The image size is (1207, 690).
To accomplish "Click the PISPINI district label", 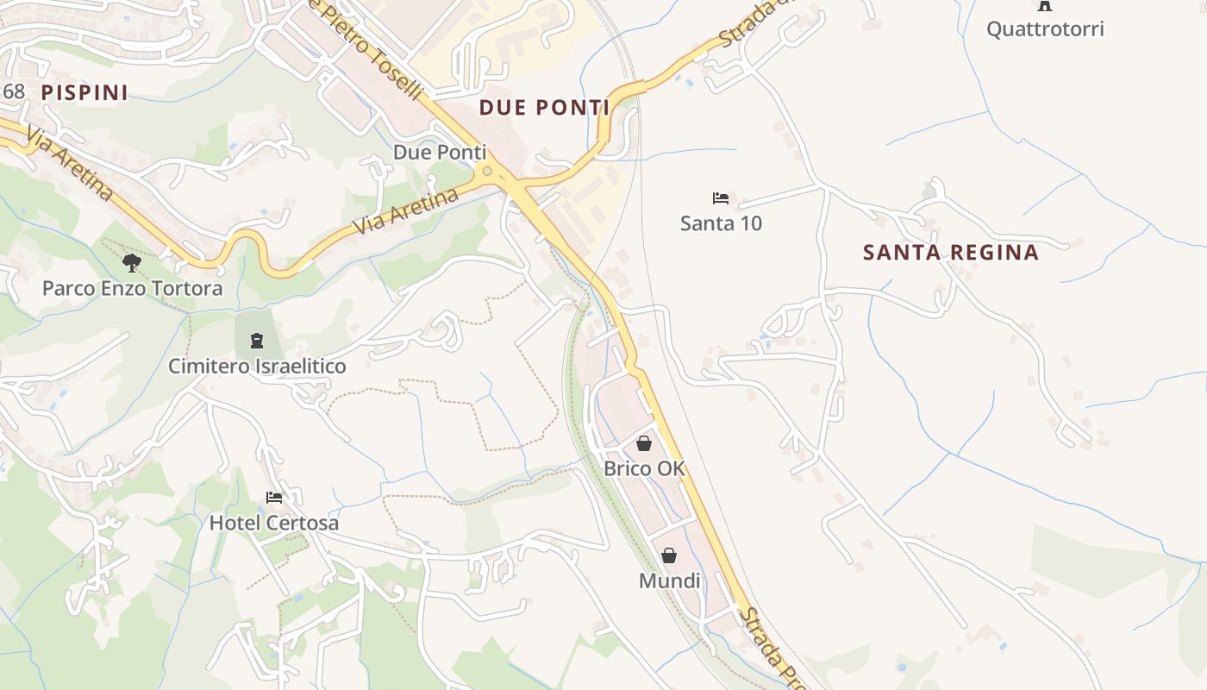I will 84,92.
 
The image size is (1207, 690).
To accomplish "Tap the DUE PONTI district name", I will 543,108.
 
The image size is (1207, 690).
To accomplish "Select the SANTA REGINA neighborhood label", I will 950,253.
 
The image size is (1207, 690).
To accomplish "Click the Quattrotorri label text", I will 1044,29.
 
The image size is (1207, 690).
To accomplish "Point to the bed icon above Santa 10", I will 721,198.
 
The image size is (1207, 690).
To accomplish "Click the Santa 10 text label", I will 721,224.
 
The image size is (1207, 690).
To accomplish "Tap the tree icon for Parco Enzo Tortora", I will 131,262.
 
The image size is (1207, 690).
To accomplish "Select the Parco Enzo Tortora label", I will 132,289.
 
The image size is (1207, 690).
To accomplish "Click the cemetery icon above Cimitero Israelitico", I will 256,341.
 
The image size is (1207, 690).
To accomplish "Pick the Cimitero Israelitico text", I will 257,367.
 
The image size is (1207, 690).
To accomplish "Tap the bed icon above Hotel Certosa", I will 274,497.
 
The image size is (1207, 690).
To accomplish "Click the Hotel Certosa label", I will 274,524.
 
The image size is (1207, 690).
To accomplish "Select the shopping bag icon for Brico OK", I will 643,443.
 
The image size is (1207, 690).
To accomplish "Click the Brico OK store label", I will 644,469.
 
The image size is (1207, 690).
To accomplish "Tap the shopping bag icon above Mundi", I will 669,555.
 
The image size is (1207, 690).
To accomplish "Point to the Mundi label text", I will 669,581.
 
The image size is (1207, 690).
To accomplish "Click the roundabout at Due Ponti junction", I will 488,171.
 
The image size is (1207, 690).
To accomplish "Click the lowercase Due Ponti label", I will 440,153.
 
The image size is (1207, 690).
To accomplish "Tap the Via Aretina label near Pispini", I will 69,163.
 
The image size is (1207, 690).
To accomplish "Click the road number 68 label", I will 14,91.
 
